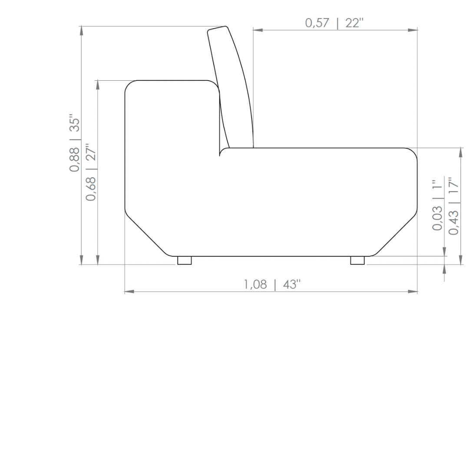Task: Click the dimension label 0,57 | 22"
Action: (334, 23)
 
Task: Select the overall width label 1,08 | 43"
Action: (272, 284)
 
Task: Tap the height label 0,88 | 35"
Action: (75, 143)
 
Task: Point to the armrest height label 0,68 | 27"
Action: (91, 172)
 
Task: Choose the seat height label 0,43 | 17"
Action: (453, 206)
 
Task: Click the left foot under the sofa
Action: (184, 260)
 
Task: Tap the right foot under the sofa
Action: (357, 260)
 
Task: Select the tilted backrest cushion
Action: (231, 87)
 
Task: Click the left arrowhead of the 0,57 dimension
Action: (258, 30)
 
